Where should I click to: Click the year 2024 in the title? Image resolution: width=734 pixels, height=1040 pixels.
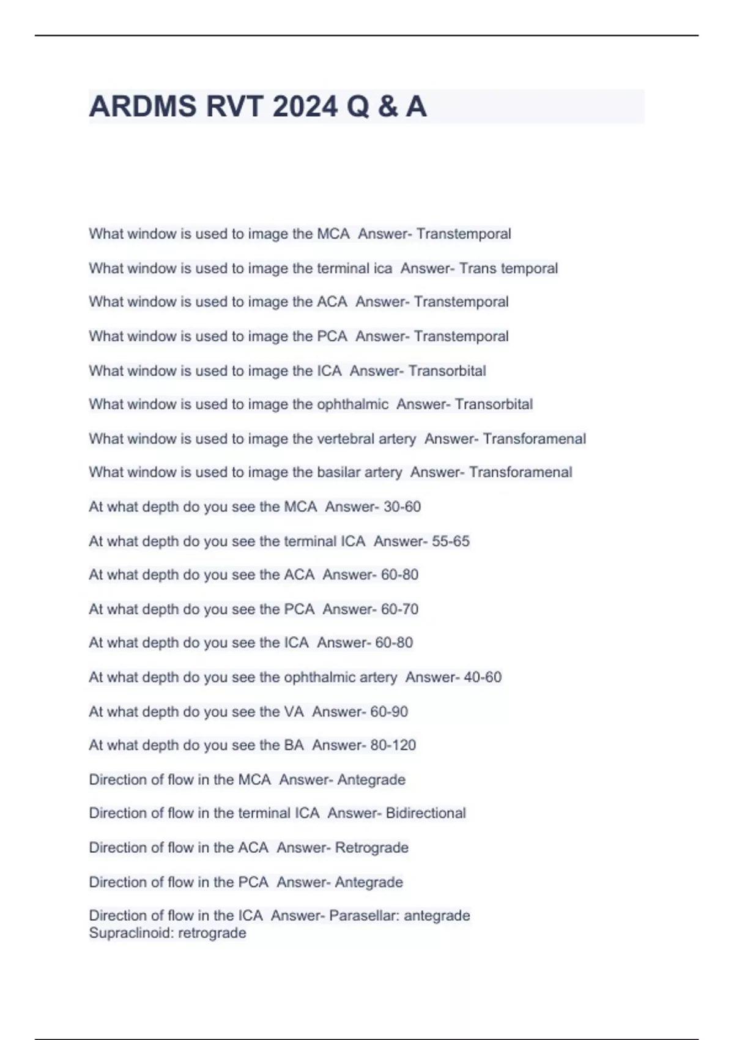tap(305, 107)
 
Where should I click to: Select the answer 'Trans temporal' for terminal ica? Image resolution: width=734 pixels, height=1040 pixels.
tap(508, 268)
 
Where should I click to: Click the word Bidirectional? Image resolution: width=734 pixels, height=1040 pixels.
tap(426, 813)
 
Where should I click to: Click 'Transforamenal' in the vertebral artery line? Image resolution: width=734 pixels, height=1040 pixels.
tap(534, 439)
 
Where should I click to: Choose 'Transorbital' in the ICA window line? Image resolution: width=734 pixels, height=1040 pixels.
tap(447, 371)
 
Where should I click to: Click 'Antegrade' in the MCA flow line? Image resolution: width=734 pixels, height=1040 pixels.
tap(371, 780)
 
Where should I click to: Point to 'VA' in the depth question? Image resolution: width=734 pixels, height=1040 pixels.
tap(294, 711)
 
